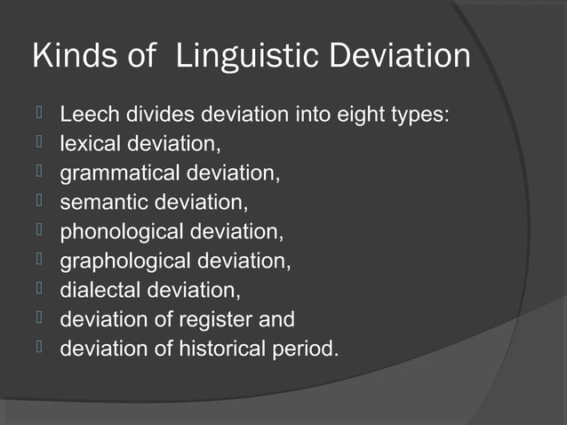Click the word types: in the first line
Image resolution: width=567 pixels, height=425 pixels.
coord(411,116)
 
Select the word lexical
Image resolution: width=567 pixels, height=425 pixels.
coord(90,144)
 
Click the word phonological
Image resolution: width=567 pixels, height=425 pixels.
coord(122,232)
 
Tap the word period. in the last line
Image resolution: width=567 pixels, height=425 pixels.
coord(308,349)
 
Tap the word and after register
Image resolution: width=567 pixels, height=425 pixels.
coord(276,319)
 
